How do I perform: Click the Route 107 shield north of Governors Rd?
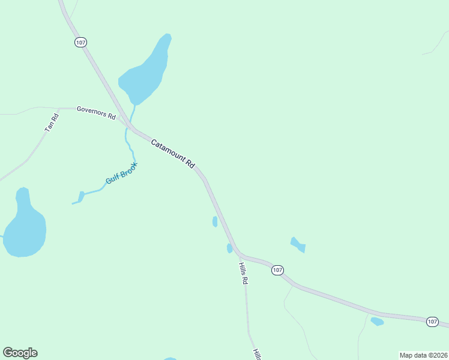81,42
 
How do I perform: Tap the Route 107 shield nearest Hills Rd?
277,271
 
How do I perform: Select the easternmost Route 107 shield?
432,322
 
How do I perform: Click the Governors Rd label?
96,113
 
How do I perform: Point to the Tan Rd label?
51,124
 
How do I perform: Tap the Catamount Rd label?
173,154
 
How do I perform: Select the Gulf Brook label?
121,173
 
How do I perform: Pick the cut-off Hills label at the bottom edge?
256,354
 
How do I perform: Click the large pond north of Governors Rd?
146,71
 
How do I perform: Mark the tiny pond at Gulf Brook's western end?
81,196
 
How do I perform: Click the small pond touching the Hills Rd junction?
229,248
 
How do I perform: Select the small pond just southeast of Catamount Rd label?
215,221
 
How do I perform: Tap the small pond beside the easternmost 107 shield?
377,322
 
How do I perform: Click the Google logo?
20,353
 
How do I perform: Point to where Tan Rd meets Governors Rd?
58,109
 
